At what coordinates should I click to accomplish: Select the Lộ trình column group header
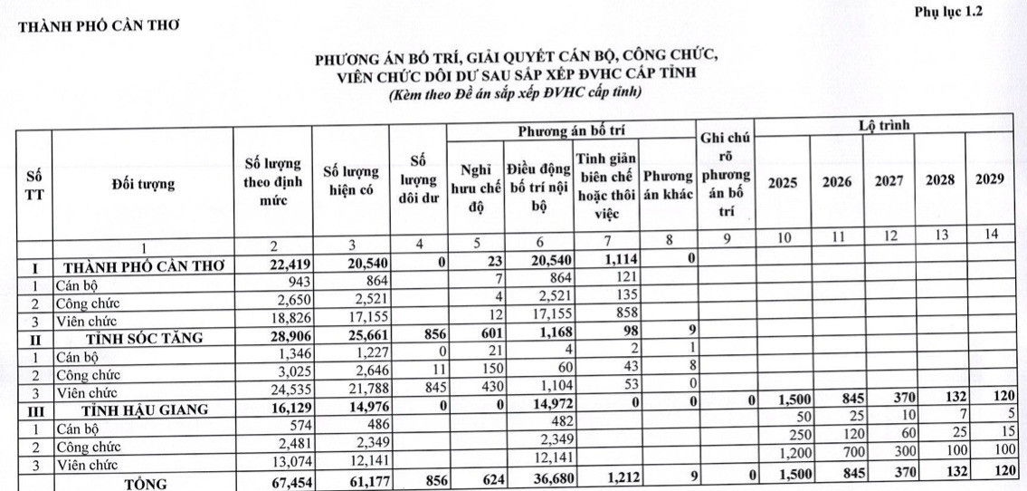[x=883, y=126]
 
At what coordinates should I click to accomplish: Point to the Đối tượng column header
[x=143, y=185]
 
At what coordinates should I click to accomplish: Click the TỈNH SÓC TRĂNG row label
[x=143, y=339]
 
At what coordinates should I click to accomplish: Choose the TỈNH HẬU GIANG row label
[x=143, y=409]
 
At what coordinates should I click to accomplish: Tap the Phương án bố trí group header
[x=572, y=131]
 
